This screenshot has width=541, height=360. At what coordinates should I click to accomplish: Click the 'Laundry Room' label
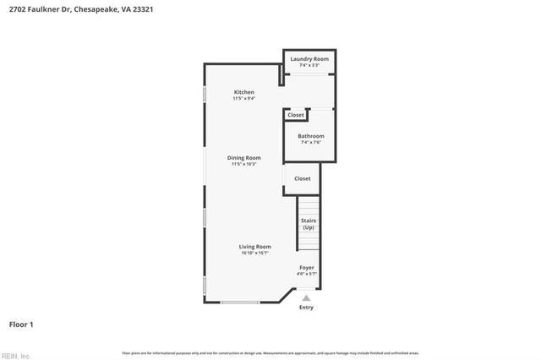(309, 59)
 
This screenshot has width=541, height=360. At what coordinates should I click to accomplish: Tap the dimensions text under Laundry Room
(309, 65)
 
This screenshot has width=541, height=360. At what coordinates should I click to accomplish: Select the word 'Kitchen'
(244, 92)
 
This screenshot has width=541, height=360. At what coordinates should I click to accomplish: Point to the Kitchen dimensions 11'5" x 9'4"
(244, 98)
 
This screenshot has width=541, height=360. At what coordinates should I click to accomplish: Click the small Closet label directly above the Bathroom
(295, 116)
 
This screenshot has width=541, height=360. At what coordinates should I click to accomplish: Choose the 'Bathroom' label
(310, 136)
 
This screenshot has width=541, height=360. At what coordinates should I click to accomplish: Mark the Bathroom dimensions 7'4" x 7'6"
(310, 142)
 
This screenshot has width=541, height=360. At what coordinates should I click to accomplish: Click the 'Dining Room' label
(243, 158)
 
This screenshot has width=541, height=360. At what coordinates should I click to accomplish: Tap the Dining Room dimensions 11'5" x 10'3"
(243, 164)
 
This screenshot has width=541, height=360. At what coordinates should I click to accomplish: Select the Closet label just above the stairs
(303, 178)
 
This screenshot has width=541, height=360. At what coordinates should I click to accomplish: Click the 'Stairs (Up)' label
(309, 224)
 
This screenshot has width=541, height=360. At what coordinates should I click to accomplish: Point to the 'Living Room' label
(254, 247)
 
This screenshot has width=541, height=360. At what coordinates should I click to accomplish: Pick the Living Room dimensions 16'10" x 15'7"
(254, 253)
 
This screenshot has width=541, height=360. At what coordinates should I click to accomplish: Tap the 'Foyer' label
(306, 268)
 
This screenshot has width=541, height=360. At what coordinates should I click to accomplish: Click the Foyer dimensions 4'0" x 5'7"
(306, 274)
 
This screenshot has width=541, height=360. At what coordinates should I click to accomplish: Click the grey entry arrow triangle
(306, 297)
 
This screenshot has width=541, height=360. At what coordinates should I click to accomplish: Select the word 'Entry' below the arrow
(306, 307)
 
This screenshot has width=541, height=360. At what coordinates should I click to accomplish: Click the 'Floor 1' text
(21, 324)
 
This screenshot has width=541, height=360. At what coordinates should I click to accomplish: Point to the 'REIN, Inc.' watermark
(15, 356)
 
